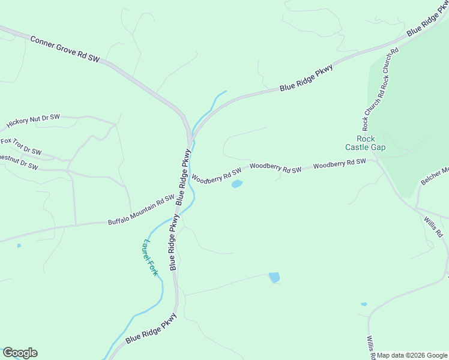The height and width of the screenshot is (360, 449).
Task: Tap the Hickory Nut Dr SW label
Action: click(34, 121)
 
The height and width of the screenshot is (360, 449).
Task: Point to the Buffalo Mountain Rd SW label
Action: click(140, 212)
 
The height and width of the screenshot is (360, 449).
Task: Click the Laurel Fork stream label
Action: click(150, 258)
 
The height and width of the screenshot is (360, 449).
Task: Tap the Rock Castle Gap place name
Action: click(365, 143)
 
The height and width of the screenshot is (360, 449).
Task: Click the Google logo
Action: click(20, 353)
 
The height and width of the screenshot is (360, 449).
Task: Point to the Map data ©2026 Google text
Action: click(412, 355)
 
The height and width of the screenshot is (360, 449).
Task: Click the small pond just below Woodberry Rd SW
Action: click(237, 184)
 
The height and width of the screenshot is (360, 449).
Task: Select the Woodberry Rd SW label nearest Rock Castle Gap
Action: click(339, 163)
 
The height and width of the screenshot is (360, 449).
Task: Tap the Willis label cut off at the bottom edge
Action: click(370, 347)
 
